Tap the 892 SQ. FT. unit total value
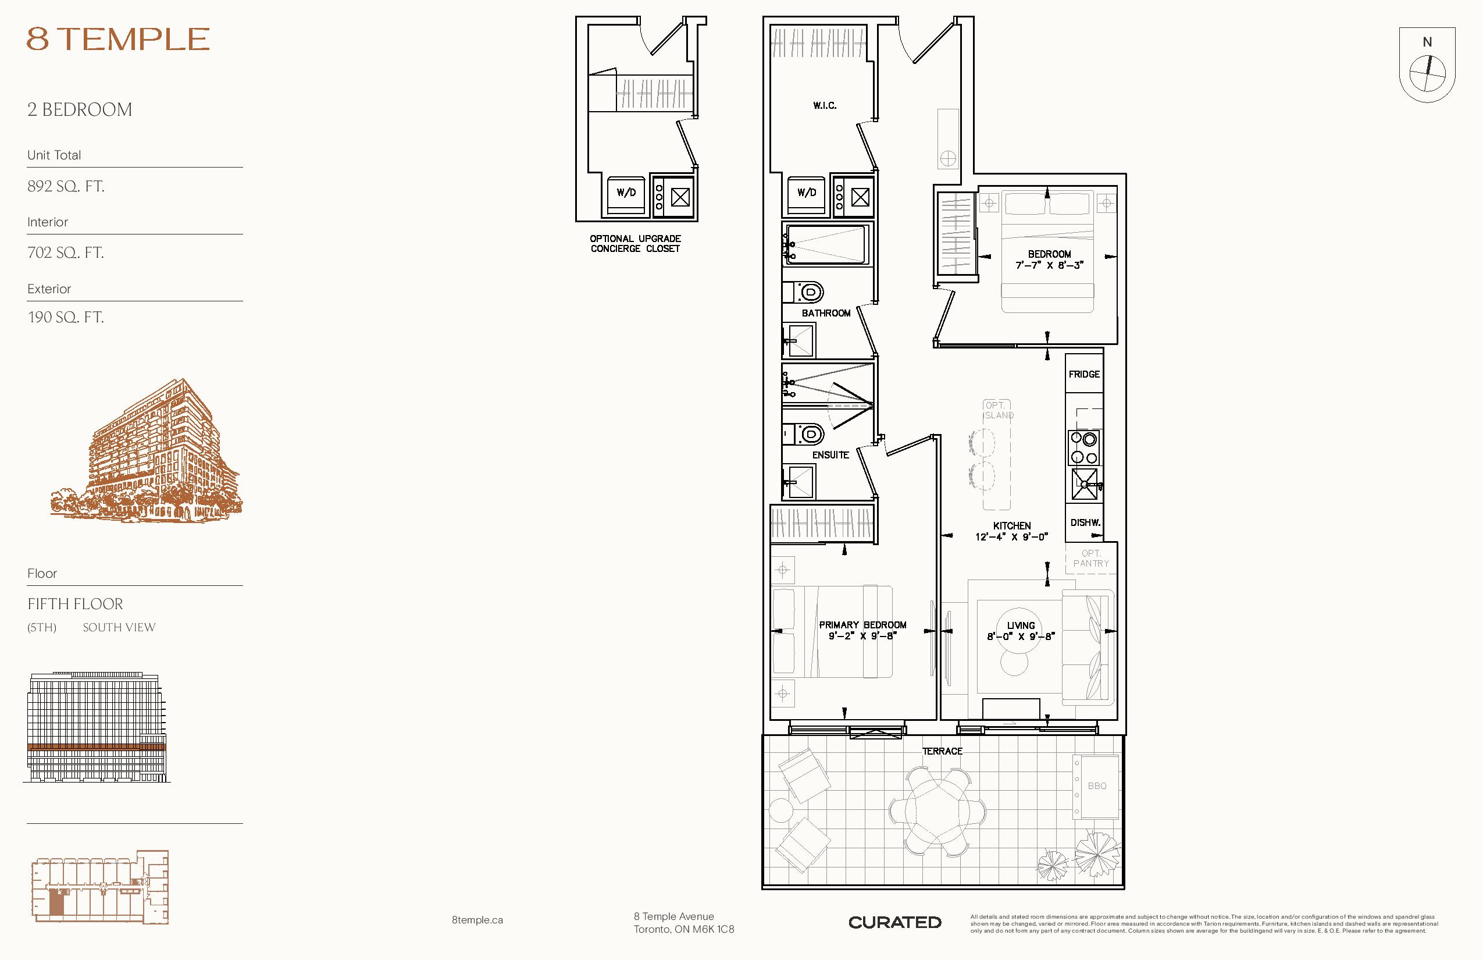tap(65, 186)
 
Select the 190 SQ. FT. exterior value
tap(65, 317)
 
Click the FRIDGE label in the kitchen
tap(1084, 374)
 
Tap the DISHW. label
tap(1085, 522)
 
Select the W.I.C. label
tap(825, 106)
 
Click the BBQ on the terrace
tap(1096, 786)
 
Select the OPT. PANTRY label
tap(1091, 559)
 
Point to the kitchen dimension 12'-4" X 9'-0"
tap(1012, 536)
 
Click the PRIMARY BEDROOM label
tap(862, 625)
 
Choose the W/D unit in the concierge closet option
tap(626, 194)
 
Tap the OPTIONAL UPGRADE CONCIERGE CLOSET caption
tap(636, 244)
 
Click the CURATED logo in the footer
tap(895, 923)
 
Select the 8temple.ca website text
tap(477, 920)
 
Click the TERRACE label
tap(942, 751)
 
